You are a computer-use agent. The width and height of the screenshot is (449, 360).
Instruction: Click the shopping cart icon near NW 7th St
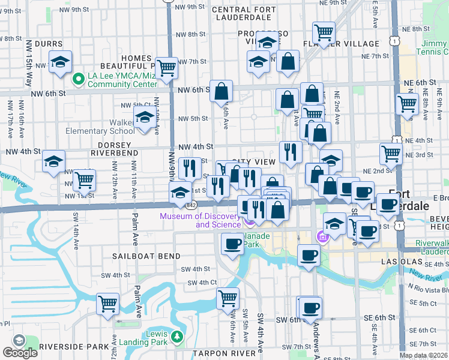[x=167, y=67]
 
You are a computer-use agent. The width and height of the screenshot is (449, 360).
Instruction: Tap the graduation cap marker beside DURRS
[x=60, y=62]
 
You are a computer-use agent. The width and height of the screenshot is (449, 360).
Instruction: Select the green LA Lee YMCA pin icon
[x=77, y=79]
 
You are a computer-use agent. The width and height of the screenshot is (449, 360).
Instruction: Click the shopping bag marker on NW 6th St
[x=221, y=91]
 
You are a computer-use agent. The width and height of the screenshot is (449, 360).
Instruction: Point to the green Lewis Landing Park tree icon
[x=176, y=336]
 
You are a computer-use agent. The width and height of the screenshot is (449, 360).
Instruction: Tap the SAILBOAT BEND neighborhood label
[x=146, y=256]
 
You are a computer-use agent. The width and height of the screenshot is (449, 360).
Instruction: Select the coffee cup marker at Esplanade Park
[x=232, y=243]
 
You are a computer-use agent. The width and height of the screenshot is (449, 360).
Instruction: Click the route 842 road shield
[x=191, y=205]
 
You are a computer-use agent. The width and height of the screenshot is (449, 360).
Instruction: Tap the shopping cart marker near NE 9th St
[x=324, y=31]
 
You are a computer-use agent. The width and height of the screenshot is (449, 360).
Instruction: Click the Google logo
[x=20, y=353]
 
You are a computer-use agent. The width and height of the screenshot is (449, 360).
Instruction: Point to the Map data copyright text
[x=423, y=355]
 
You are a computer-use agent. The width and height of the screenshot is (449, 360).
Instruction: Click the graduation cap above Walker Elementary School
[x=144, y=118]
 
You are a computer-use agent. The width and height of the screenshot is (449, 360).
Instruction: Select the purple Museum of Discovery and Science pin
[x=249, y=223]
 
